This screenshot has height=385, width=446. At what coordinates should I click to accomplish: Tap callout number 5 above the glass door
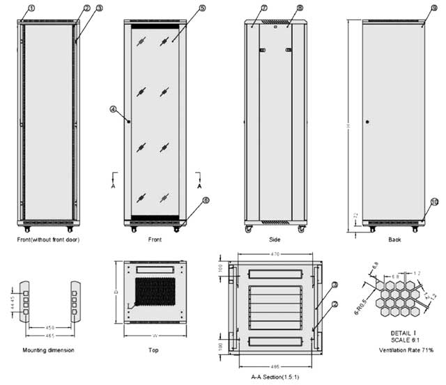click(183, 8)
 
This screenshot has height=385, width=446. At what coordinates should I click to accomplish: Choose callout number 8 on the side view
click(280, 8)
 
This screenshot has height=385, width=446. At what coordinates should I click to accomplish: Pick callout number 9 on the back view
click(424, 8)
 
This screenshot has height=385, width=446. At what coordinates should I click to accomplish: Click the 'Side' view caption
click(275, 240)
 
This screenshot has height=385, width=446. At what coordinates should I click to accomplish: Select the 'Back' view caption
click(394, 240)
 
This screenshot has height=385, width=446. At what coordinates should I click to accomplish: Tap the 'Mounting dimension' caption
click(49, 349)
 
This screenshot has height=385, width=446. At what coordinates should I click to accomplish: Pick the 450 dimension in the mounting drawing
click(49, 327)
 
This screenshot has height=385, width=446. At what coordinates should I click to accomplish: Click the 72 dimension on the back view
click(357, 216)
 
